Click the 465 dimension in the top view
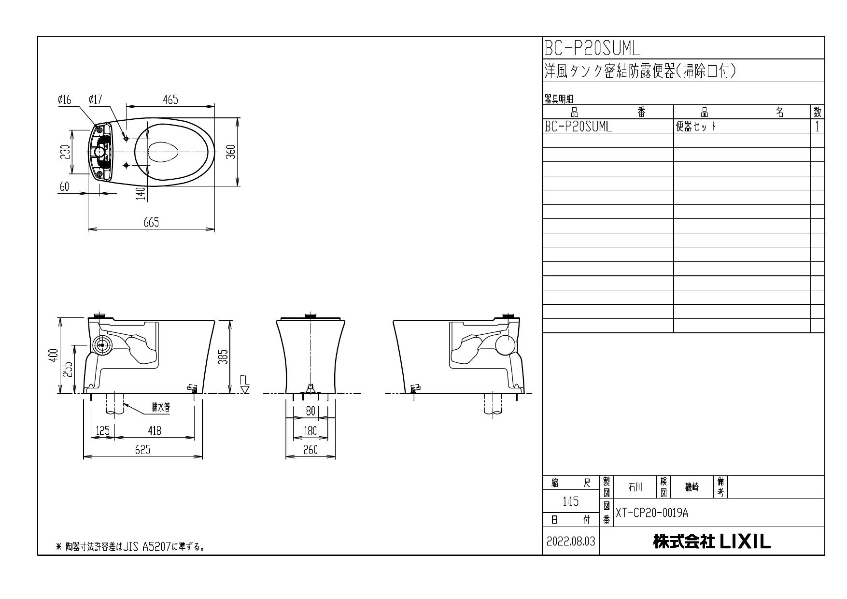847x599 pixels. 170,100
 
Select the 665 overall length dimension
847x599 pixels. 151,223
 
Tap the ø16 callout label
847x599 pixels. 64,100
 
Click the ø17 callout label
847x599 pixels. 95,100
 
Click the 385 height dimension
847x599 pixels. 224,357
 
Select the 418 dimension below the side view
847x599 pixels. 155,430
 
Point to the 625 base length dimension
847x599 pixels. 142,450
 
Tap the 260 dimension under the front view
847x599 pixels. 310,450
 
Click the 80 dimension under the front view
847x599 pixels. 311,412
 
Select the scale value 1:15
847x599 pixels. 571,502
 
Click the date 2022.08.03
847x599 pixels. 571,542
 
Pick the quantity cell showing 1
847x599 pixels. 817,127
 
